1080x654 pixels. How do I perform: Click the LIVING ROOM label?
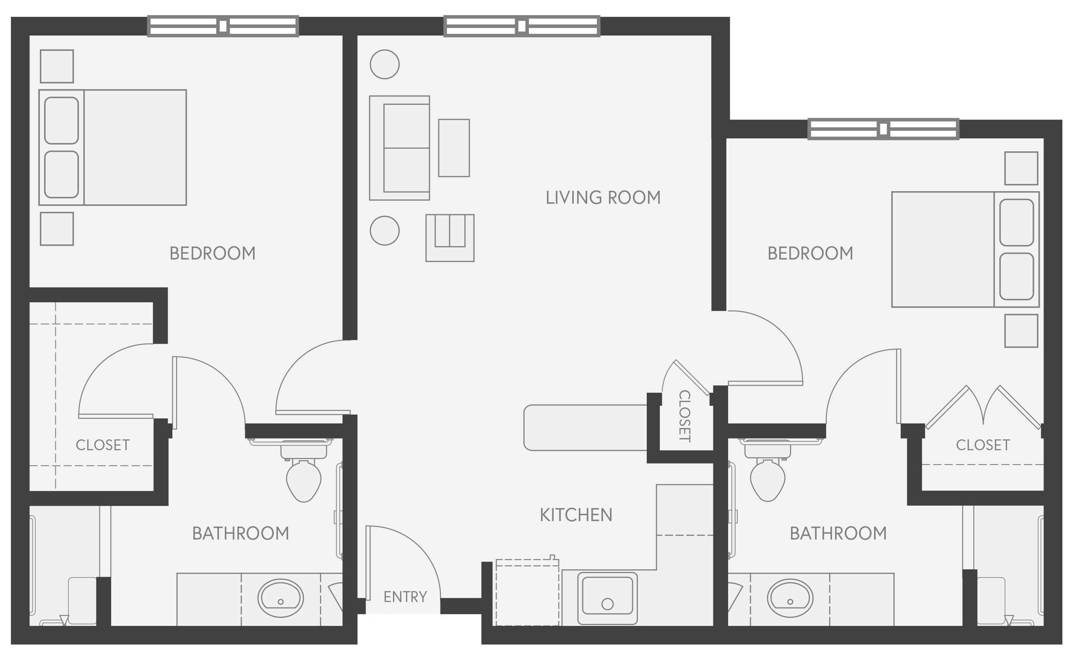pyautogui.click(x=603, y=197)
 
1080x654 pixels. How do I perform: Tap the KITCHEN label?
pyautogui.click(x=575, y=515)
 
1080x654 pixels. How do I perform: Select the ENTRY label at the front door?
pyautogui.click(x=405, y=597)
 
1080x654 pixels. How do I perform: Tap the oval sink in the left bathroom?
pyautogui.click(x=280, y=598)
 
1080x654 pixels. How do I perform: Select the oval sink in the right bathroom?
pyautogui.click(x=790, y=598)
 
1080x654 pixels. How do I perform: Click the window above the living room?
pyautogui.click(x=521, y=26)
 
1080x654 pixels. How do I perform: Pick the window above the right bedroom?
pyautogui.click(x=883, y=129)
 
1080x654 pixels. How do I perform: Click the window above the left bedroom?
pyautogui.click(x=223, y=26)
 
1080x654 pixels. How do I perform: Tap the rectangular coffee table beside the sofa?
pyautogui.click(x=454, y=148)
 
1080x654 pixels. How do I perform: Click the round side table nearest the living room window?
pyautogui.click(x=385, y=65)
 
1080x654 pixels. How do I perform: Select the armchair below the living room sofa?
pyautogui.click(x=450, y=238)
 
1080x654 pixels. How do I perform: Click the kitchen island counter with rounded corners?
pyautogui.click(x=585, y=428)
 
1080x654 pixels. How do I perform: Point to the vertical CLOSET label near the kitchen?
pyautogui.click(x=684, y=416)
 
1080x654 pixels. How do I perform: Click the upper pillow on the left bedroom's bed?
pyautogui.click(x=61, y=120)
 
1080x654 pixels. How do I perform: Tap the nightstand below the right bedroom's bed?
pyautogui.click(x=1021, y=331)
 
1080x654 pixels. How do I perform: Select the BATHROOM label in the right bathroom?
pyautogui.click(x=838, y=534)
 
